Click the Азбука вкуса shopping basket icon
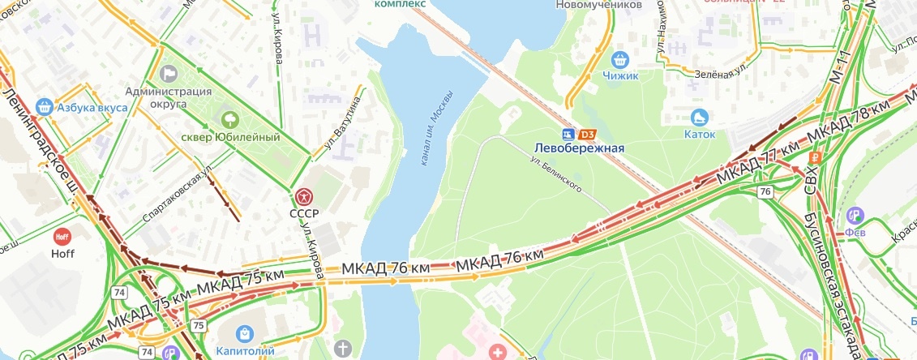tap(45, 106)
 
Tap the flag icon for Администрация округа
tap(169, 73)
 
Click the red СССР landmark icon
tap(303, 195)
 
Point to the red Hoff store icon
tap(62, 238)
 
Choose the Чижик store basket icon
tap(621, 58)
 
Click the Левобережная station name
tap(579, 148)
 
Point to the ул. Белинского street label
tap(558, 174)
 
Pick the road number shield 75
tap(199, 324)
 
